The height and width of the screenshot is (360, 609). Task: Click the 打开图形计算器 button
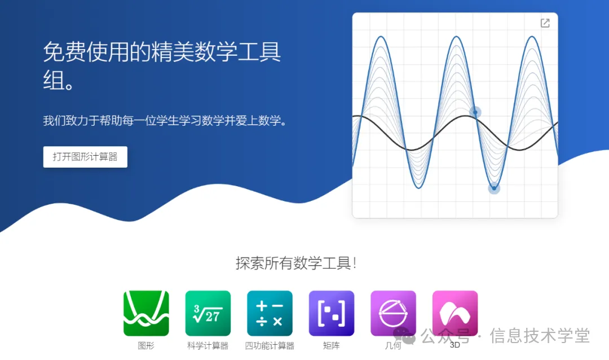pyautogui.click(x=85, y=157)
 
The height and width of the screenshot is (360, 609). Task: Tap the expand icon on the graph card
pyautogui.click(x=545, y=23)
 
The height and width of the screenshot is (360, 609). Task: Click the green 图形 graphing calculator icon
pyautogui.click(x=146, y=313)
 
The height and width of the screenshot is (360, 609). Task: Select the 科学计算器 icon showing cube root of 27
pyautogui.click(x=208, y=313)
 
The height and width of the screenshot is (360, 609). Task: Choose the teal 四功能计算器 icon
pyautogui.click(x=270, y=313)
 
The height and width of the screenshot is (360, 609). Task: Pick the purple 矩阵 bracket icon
pyautogui.click(x=332, y=313)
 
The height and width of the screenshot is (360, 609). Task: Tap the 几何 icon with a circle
pyautogui.click(x=393, y=313)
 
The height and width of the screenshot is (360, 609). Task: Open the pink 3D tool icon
pyautogui.click(x=455, y=313)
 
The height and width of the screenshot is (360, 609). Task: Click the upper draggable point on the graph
pyautogui.click(x=475, y=112)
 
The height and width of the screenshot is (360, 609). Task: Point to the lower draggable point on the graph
pyautogui.click(x=494, y=188)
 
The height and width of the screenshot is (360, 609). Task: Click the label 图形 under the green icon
pyautogui.click(x=146, y=346)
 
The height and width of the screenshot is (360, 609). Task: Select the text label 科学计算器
pyautogui.click(x=208, y=346)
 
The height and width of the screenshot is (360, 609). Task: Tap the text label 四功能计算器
pyautogui.click(x=270, y=346)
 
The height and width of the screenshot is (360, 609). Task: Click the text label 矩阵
pyautogui.click(x=332, y=346)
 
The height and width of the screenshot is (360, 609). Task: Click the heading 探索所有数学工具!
pyautogui.click(x=295, y=263)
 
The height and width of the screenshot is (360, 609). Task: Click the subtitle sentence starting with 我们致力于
pyautogui.click(x=165, y=121)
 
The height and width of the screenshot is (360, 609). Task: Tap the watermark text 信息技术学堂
pyautogui.click(x=540, y=336)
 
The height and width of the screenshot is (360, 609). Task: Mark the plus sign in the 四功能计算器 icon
pyautogui.click(x=261, y=306)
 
